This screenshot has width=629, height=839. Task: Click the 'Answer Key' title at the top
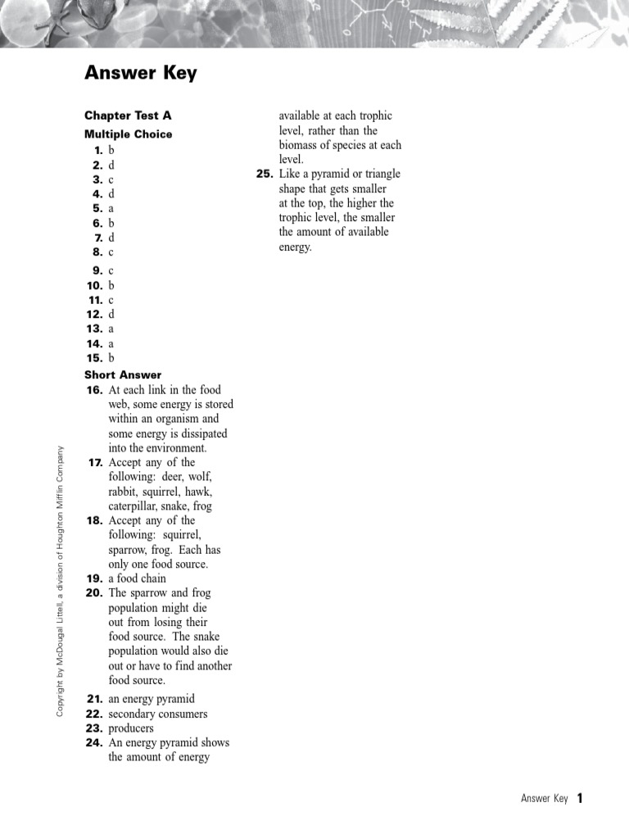click(x=141, y=74)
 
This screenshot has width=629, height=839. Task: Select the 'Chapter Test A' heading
click(x=128, y=116)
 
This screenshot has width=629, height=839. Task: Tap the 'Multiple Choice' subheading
click(x=128, y=134)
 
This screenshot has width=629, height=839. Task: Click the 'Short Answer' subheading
click(x=123, y=375)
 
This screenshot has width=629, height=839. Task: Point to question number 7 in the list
click(x=98, y=238)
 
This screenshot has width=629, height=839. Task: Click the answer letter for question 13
click(x=111, y=329)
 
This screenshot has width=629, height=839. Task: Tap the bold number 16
click(x=94, y=390)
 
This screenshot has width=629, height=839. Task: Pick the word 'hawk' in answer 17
click(x=199, y=492)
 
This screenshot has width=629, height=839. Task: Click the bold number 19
click(x=94, y=578)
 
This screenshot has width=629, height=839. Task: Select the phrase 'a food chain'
click(x=138, y=578)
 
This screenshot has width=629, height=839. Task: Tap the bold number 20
click(x=94, y=593)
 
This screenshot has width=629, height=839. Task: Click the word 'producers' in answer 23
click(x=131, y=728)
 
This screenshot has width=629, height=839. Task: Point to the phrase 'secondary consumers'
click(x=158, y=714)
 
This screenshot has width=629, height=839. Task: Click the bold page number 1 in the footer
click(x=580, y=798)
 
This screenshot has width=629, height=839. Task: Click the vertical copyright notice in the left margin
click(x=60, y=580)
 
